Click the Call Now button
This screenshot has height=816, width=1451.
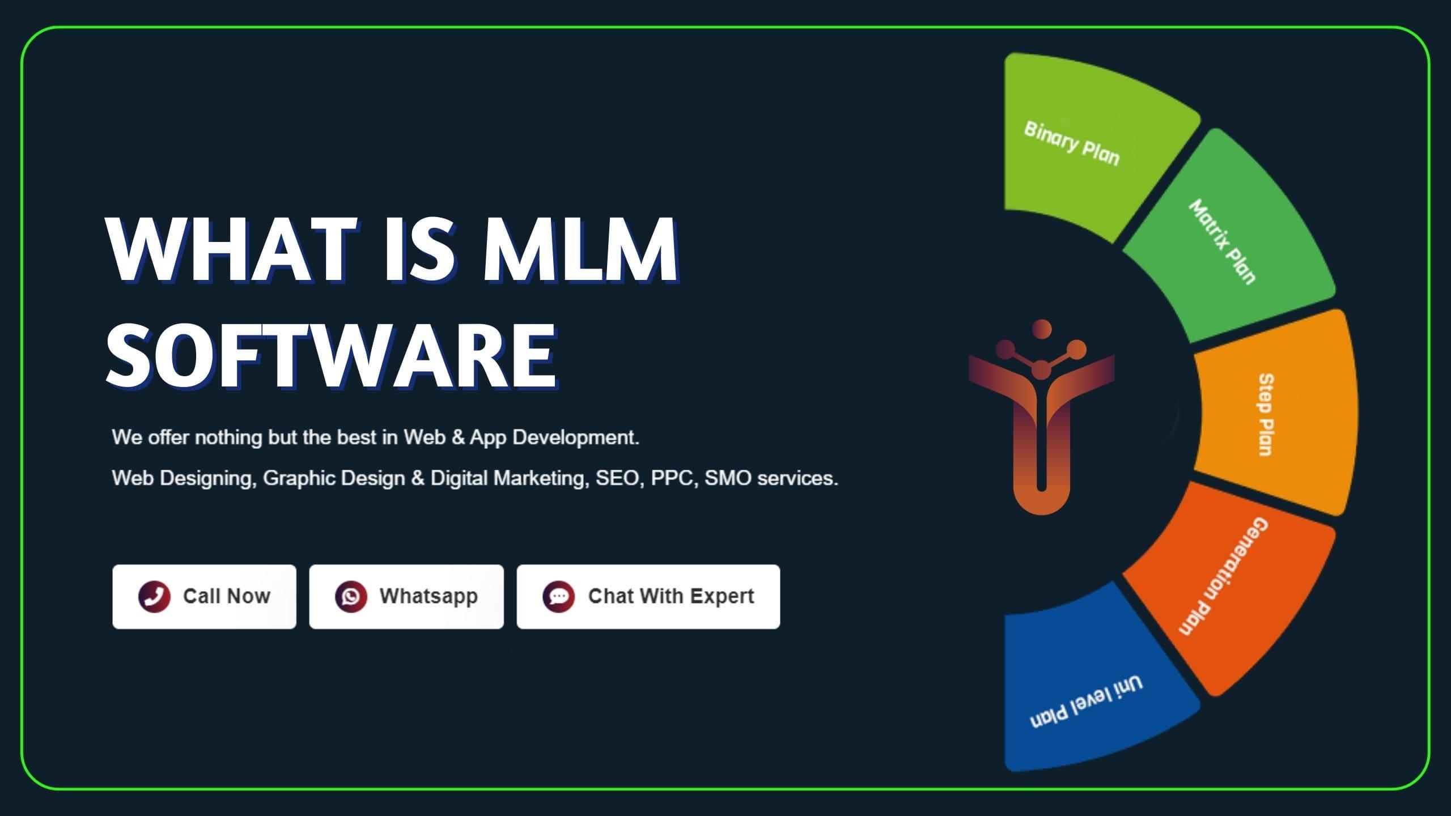(204, 596)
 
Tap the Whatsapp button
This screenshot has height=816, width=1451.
(406, 596)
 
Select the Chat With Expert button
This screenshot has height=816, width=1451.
(648, 596)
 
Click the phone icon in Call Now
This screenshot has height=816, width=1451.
(154, 597)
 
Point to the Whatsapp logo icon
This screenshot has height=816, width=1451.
(351, 597)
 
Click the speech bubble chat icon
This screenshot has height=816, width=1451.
(559, 597)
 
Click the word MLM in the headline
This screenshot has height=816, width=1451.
(580, 249)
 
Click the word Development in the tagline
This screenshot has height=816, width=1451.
(576, 438)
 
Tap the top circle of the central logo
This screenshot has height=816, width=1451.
(1042, 329)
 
